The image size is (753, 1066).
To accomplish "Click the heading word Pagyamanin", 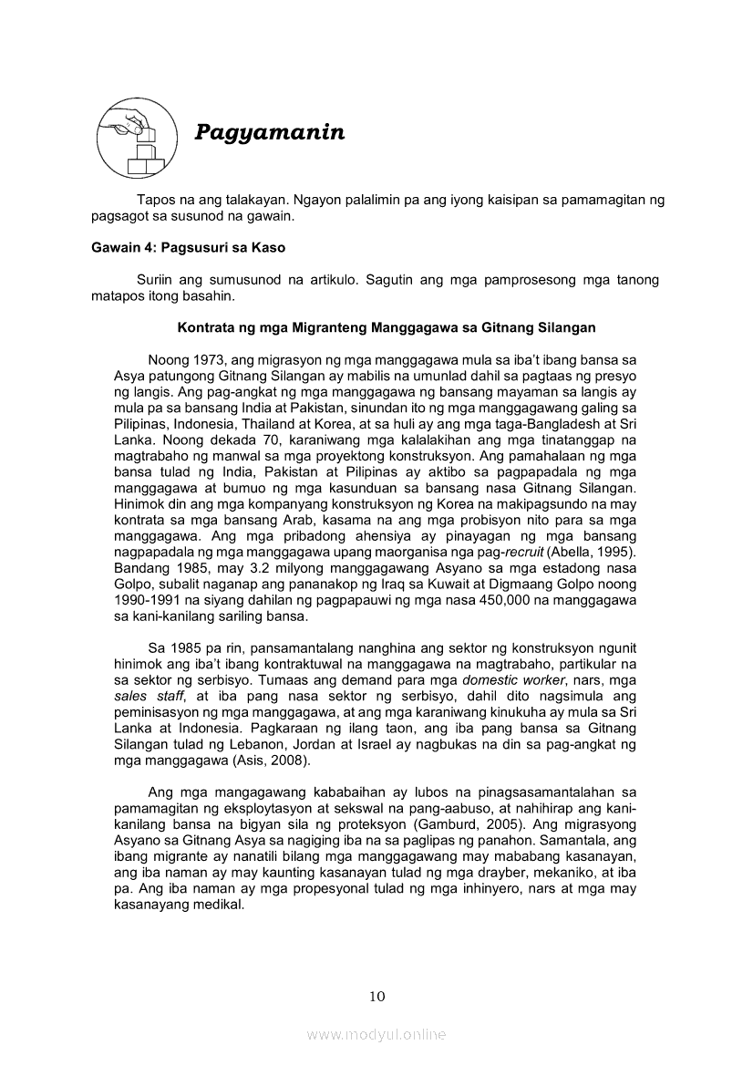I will click(x=270, y=133).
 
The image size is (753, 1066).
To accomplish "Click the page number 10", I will click(x=376, y=996).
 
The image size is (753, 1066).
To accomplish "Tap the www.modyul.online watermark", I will click(x=376, y=1034).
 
